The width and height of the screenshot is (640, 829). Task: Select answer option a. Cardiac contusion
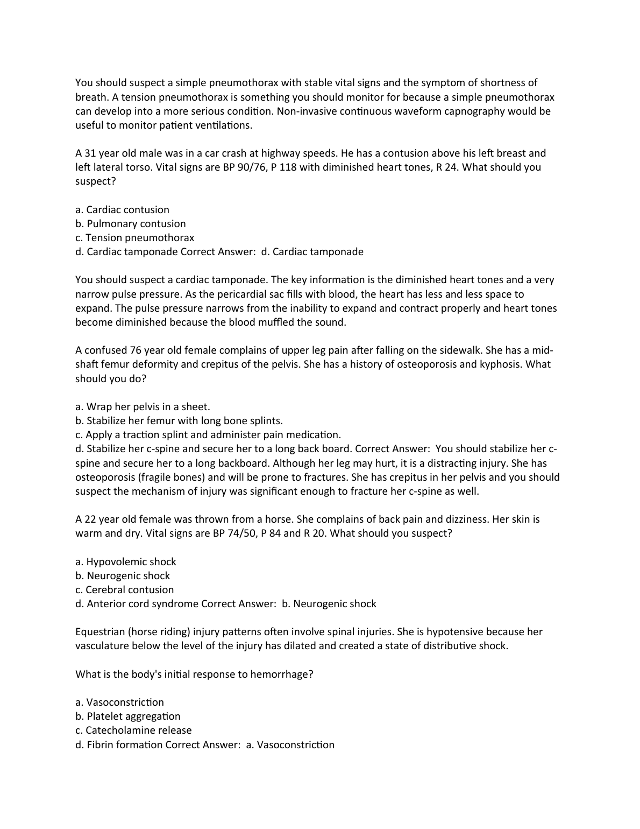pos(122,210)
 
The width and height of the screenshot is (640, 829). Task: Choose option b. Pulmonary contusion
pos(131,224)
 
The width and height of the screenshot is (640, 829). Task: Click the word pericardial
pos(234,294)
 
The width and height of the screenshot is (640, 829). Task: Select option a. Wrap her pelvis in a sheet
pos(143,407)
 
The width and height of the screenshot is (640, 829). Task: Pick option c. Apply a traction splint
pos(208,435)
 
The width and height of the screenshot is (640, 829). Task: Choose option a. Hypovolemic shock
pos(126,562)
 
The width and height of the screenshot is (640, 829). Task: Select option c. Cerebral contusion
pos(125,590)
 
